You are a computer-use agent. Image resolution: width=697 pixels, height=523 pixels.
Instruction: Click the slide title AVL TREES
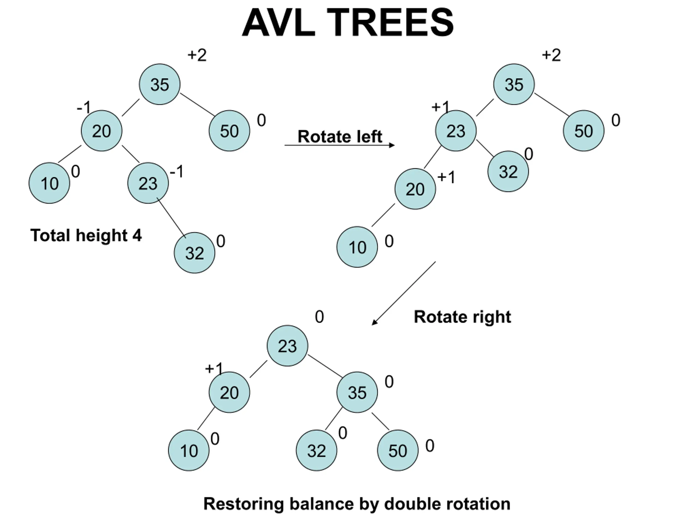coord(348,23)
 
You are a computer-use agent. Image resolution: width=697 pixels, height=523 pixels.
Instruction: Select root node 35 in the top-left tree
coord(160,84)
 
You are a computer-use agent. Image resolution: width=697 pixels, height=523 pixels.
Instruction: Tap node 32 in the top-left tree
coord(194,253)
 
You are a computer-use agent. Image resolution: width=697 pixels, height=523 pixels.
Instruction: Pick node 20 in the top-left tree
coord(102,131)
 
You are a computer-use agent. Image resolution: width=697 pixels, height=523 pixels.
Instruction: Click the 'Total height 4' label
coord(86,235)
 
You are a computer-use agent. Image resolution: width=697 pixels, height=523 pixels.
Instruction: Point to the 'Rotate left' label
coord(340,136)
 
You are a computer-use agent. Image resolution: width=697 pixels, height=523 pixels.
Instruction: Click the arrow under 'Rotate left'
coord(340,145)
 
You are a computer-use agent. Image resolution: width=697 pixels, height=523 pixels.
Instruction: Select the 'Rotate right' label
coord(462,317)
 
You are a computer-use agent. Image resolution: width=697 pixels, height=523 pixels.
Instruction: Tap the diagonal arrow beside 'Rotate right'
coord(404,293)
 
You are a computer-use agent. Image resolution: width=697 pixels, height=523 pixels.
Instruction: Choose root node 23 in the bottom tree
coord(287,345)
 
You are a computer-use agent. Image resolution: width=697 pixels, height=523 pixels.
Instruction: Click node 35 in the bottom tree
coord(357,392)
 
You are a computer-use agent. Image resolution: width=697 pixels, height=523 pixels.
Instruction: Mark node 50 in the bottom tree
coord(398,450)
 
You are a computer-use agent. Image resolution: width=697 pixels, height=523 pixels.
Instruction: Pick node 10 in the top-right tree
coord(357,247)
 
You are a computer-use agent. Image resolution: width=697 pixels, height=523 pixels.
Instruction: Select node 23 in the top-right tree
coord(456,131)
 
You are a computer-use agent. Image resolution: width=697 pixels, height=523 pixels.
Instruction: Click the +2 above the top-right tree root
coord(551,55)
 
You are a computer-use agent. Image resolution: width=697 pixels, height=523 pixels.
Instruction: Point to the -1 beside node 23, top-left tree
coord(176,172)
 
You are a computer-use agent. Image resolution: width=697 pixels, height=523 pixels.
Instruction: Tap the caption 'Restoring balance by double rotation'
coord(357,503)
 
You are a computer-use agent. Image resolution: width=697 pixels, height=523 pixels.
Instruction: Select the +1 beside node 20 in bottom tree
coord(214,368)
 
